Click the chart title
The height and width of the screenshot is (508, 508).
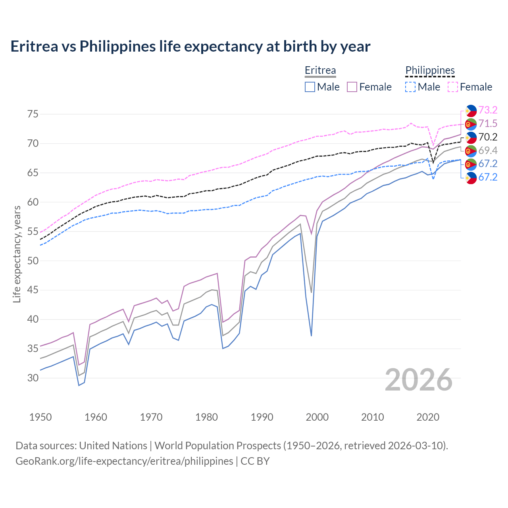click(x=190, y=46)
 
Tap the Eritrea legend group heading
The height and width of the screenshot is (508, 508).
click(x=320, y=70)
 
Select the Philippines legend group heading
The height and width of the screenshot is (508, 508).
click(x=430, y=70)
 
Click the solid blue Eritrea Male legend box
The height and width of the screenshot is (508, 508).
click(x=310, y=87)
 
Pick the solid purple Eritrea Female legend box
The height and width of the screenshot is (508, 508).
click(x=352, y=87)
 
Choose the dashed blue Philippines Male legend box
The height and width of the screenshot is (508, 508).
click(x=410, y=87)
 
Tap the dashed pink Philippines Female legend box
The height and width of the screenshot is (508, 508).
click(x=453, y=87)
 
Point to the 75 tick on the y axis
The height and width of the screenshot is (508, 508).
click(x=33, y=114)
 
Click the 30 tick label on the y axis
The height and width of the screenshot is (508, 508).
click(x=33, y=378)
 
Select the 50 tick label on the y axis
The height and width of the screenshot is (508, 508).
click(x=33, y=261)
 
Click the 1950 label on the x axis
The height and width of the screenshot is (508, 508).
click(x=40, y=417)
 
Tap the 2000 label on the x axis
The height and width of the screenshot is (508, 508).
click(x=317, y=417)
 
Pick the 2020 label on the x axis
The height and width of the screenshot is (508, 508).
click(x=428, y=417)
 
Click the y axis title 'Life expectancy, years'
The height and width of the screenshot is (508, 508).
click(x=17, y=254)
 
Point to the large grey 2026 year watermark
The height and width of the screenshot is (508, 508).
click(x=418, y=380)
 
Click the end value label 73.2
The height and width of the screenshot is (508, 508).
click(x=488, y=110)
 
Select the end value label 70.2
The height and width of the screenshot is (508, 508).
click(x=488, y=137)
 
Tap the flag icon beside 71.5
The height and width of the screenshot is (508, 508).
click(x=471, y=124)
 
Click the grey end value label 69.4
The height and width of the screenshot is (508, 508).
click(x=488, y=150)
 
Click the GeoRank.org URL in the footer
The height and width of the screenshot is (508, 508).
click(x=124, y=461)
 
